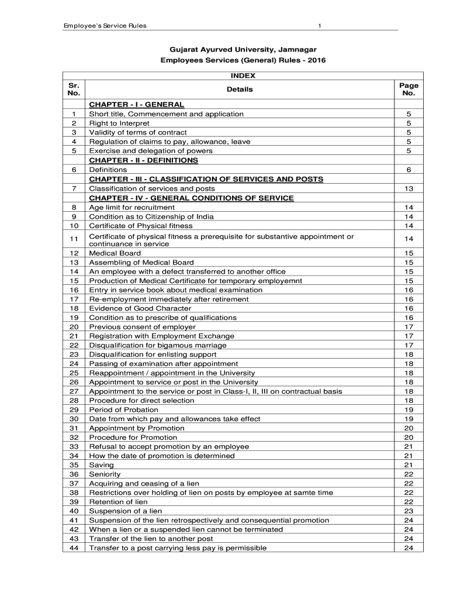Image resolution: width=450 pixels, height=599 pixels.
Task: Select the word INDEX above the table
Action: click(243, 76)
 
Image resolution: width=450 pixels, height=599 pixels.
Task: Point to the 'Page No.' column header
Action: click(409, 89)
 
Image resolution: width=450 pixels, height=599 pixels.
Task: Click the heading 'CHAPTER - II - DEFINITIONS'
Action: click(143, 160)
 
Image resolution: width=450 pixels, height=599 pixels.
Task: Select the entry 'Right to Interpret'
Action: click(119, 123)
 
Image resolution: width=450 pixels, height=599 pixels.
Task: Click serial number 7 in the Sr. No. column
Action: click(74, 188)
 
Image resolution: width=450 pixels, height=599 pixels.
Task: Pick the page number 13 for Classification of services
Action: click(409, 188)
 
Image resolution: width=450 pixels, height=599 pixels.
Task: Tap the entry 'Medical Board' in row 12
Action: click(115, 253)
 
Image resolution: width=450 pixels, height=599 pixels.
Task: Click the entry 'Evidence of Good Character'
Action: click(140, 308)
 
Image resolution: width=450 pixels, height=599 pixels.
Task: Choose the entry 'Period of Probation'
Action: click(123, 410)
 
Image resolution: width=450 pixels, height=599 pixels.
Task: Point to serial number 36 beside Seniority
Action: click(74, 474)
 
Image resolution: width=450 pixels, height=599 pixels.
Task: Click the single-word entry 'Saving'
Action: click(101, 465)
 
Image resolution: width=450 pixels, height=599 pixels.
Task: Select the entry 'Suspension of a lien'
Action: click(125, 511)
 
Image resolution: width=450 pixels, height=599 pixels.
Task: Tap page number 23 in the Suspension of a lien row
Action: click(409, 511)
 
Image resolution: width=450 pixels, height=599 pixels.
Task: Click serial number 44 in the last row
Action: click(74, 548)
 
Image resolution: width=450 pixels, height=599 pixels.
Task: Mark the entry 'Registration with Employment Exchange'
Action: click(161, 336)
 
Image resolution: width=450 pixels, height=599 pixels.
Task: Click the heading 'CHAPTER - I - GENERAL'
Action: click(136, 105)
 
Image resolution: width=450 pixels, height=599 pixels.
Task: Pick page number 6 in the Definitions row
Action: click(409, 170)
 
